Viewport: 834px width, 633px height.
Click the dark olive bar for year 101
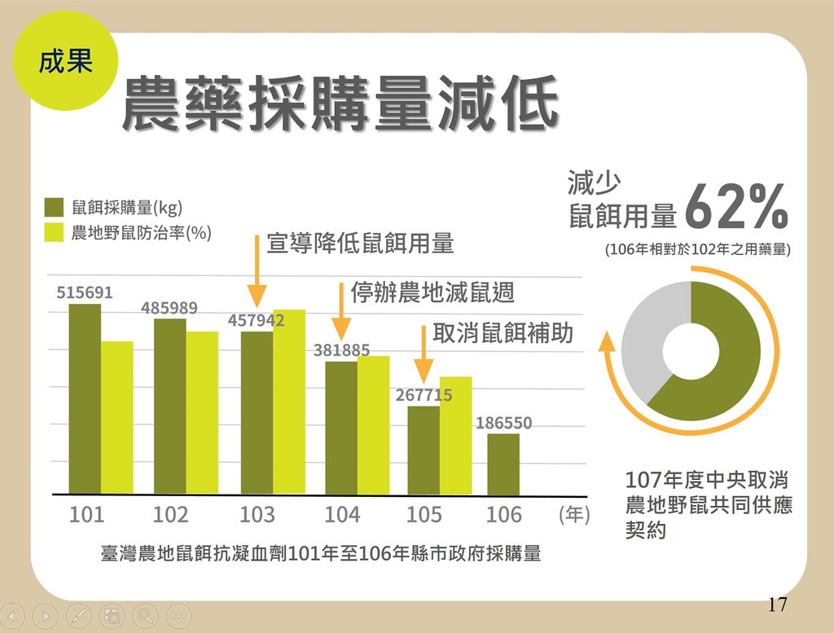point(86,399)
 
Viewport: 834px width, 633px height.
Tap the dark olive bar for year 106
point(503,464)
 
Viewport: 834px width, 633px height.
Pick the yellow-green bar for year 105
point(455,436)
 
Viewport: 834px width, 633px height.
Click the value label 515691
point(85,293)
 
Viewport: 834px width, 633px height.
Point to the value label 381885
point(341,351)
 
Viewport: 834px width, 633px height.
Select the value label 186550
point(503,424)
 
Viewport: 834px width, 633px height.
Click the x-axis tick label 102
point(170,515)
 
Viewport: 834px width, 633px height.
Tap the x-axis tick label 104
point(342,515)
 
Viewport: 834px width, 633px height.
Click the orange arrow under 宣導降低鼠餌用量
point(257,269)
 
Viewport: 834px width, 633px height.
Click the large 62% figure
point(736,208)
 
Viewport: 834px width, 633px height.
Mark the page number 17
point(777,604)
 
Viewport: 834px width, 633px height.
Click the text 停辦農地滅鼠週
point(432,292)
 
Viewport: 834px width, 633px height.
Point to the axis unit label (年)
point(574,516)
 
